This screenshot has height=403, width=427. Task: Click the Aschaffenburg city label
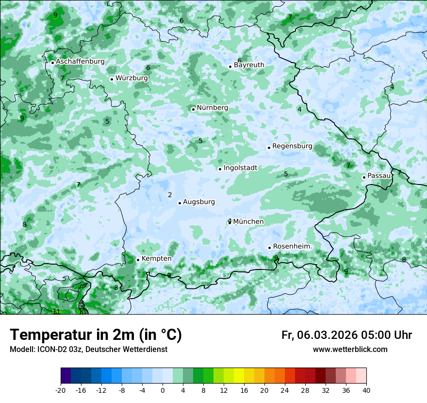80,62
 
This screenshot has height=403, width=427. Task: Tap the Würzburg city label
131,78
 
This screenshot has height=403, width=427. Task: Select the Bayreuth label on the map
249,65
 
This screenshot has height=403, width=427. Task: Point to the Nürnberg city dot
193,109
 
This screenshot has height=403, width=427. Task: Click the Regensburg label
292,146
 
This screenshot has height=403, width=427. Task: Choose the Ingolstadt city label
240,168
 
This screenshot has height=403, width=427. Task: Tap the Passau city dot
364,177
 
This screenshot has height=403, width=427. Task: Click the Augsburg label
198,202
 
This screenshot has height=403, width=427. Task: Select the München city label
248,221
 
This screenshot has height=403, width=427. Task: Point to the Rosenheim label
291,246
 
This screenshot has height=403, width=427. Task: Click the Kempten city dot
138,260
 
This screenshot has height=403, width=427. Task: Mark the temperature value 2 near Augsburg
170,195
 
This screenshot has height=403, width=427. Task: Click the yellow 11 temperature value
56,312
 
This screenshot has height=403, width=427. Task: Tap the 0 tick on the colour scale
163,390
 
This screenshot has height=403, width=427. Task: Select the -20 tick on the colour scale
61,390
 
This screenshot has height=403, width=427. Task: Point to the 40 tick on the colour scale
366,390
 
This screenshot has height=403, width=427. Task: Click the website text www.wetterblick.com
350,350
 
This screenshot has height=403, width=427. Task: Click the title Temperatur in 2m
96,335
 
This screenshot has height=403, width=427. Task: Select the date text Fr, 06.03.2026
319,335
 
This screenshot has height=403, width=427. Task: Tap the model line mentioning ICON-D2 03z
88,350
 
